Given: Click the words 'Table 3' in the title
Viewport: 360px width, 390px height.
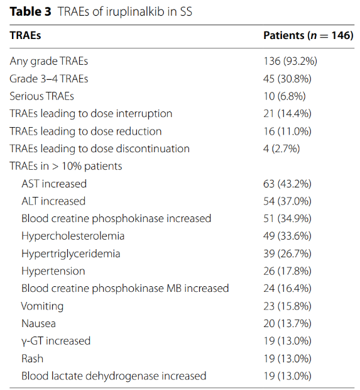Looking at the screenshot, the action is (x=30, y=12).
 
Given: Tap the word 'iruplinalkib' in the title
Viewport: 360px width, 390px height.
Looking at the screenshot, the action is (x=135, y=12).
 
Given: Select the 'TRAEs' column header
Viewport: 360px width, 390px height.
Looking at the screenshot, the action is (x=25, y=35).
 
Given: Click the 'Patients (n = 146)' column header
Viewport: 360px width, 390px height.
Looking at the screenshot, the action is (x=308, y=35).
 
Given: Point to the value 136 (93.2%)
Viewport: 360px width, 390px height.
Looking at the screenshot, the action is (x=290, y=61).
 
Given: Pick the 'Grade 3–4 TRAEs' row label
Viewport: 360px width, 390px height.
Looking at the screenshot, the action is (x=49, y=79).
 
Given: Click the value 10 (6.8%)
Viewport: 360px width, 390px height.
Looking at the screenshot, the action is (x=285, y=96).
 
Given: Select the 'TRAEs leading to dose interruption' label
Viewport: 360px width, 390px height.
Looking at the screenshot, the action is (x=91, y=114).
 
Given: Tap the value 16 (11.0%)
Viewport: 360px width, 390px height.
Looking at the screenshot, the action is (x=287, y=131).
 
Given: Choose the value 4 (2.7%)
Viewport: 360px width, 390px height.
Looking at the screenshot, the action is (x=281, y=148).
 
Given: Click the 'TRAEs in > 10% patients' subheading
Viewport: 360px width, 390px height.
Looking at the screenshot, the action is (x=66, y=166).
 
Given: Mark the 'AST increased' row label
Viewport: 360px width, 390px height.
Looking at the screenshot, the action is (x=54, y=184).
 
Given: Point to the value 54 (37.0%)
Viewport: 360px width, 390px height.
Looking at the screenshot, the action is (x=287, y=201).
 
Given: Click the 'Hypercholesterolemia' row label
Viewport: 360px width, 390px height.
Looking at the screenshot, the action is (x=73, y=237).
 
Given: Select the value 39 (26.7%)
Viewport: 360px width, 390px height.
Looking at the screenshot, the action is (x=287, y=253).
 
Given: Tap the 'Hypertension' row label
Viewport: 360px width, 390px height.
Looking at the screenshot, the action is (x=53, y=271).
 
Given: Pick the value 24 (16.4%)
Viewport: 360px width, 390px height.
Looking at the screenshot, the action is (x=287, y=289).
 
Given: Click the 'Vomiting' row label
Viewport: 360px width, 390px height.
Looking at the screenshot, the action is (x=42, y=306).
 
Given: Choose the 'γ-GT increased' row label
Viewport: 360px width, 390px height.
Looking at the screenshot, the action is (x=56, y=341).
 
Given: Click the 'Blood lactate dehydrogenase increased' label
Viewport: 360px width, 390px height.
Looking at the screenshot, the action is (x=114, y=376).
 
